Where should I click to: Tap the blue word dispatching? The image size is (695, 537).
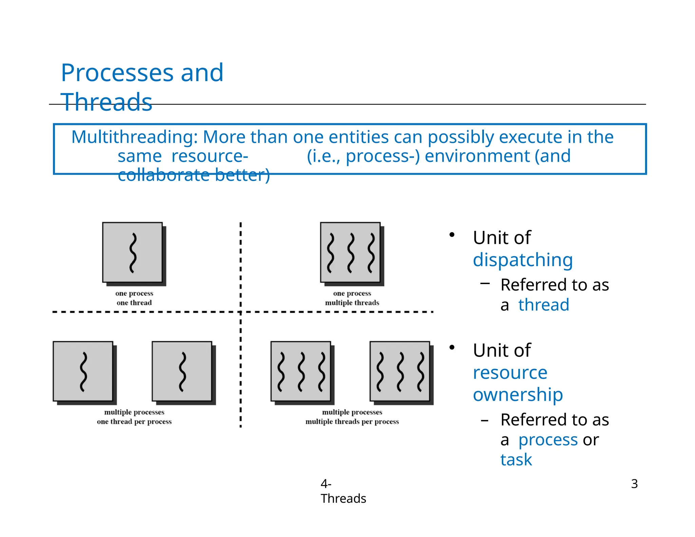pyautogui.click(x=523, y=260)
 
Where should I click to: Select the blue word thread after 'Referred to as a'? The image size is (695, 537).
pyautogui.click(x=544, y=304)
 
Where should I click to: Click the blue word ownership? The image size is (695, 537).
pyautogui.click(x=518, y=394)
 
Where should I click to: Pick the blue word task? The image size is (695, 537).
pyautogui.click(x=516, y=460)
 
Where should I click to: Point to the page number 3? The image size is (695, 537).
pyautogui.click(x=634, y=484)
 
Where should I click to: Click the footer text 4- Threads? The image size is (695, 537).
pyautogui.click(x=343, y=491)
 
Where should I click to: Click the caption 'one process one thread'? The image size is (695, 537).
pyautogui.click(x=134, y=298)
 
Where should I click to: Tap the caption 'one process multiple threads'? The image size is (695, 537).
pyautogui.click(x=352, y=298)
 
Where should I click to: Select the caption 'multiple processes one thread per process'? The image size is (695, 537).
pyautogui.click(x=134, y=417)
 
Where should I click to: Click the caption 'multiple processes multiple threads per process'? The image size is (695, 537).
pyautogui.click(x=352, y=417)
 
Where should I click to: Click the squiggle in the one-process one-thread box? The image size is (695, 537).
pyautogui.click(x=133, y=253)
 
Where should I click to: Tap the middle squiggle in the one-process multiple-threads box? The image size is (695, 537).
pyautogui.click(x=351, y=253)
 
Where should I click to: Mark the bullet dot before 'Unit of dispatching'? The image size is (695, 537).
pyautogui.click(x=452, y=235)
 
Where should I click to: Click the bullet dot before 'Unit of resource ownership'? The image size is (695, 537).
pyautogui.click(x=452, y=348)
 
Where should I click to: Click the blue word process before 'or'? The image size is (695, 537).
pyautogui.click(x=548, y=440)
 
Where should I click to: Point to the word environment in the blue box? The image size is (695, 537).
pyautogui.click(x=477, y=156)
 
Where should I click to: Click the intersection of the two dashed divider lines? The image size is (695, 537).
pyautogui.click(x=241, y=312)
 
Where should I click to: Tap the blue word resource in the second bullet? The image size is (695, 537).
pyautogui.click(x=510, y=373)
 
